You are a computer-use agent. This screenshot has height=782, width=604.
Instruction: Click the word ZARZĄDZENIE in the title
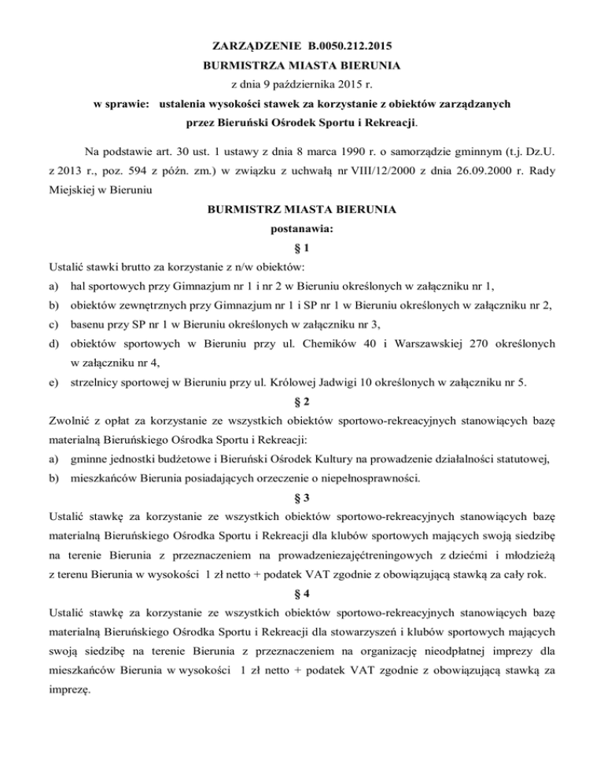point(251,46)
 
